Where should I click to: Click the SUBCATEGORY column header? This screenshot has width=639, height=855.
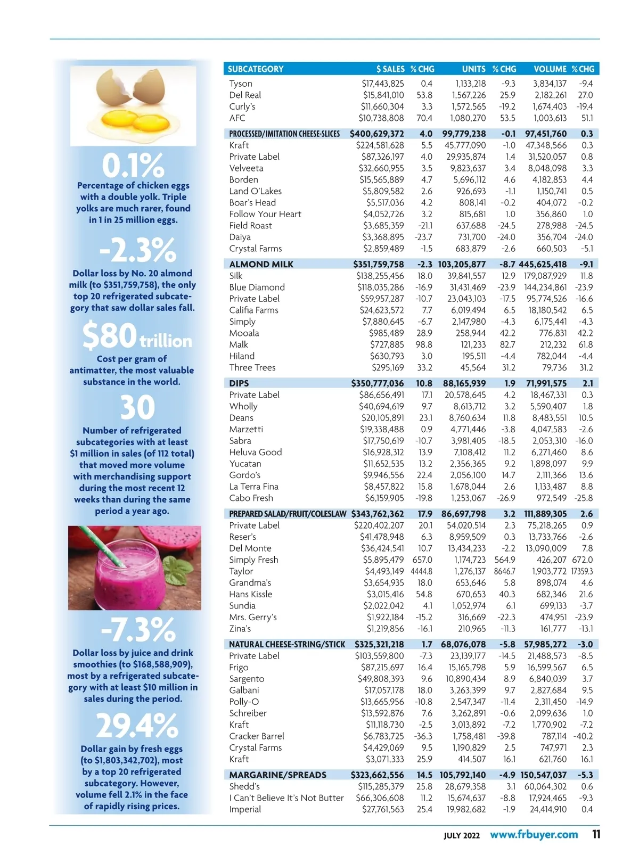[256, 69]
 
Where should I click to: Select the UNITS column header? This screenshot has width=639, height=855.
[473, 69]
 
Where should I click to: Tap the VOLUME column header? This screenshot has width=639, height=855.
[550, 69]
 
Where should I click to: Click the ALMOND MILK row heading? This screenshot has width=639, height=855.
[261, 265]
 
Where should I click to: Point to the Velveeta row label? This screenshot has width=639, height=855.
[246, 168]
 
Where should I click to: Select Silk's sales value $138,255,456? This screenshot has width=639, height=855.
[380, 276]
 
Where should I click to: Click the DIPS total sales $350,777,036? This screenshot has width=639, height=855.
[378, 383]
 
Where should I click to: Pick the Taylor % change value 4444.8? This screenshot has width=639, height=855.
[421, 571]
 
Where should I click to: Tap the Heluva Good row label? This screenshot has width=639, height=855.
[256, 453]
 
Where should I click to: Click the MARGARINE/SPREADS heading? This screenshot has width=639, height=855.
[278, 775]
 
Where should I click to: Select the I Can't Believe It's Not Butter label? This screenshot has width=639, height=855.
[286, 798]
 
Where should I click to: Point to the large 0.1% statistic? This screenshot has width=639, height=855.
[133, 166]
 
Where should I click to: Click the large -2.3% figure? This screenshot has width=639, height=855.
[137, 250]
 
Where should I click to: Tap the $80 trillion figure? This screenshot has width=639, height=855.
[137, 336]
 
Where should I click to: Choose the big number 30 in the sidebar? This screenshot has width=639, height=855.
[137, 407]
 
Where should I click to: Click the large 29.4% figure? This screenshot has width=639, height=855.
[137, 726]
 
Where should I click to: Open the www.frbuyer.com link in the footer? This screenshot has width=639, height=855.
[534, 834]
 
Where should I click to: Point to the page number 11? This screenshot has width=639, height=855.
[596, 834]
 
